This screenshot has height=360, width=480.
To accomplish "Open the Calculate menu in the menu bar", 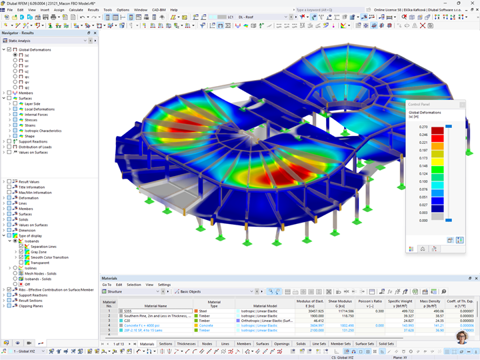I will (76, 10).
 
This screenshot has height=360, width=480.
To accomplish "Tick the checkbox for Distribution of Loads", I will (9, 147).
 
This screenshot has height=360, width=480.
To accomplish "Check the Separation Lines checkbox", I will (21, 247).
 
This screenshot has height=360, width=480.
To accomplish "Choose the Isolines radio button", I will (15, 268).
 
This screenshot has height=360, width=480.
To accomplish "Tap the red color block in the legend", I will (437, 131).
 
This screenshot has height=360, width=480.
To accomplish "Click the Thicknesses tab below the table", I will (186, 344).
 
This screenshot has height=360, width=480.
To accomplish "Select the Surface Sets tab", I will (364, 344).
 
